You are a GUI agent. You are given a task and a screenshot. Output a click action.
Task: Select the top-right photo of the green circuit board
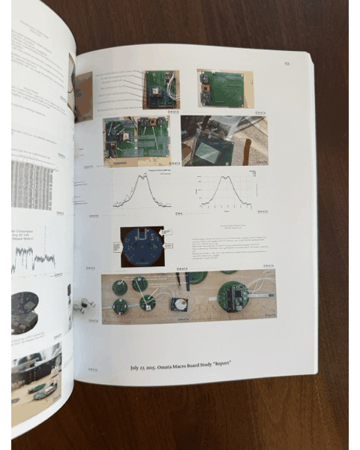pos(225,88)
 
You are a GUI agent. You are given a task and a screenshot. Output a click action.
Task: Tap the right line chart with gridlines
pos(226,190)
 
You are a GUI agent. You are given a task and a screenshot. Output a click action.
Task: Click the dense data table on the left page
pos(31,184)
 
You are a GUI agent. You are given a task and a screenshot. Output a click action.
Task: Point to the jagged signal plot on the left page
pos(34,258)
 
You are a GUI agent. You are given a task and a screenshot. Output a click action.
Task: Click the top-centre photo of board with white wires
pos(161,89)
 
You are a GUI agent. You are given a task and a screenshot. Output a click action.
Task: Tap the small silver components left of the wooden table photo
pos(85,305)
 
